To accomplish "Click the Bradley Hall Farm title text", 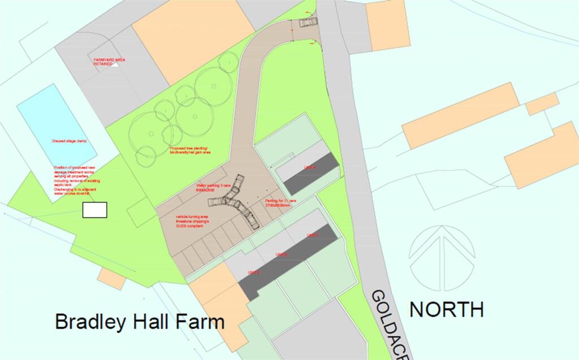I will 139,322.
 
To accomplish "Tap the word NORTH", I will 446,309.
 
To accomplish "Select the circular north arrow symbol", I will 442,258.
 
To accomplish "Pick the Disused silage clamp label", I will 67,141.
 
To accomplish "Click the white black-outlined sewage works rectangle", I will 94,210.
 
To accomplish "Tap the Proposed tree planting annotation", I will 191,150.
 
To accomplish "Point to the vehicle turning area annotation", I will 192,220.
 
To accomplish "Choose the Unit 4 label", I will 310,168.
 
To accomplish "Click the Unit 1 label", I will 313,235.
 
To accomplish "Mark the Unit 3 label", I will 254,273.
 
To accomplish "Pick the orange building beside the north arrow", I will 541,154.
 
